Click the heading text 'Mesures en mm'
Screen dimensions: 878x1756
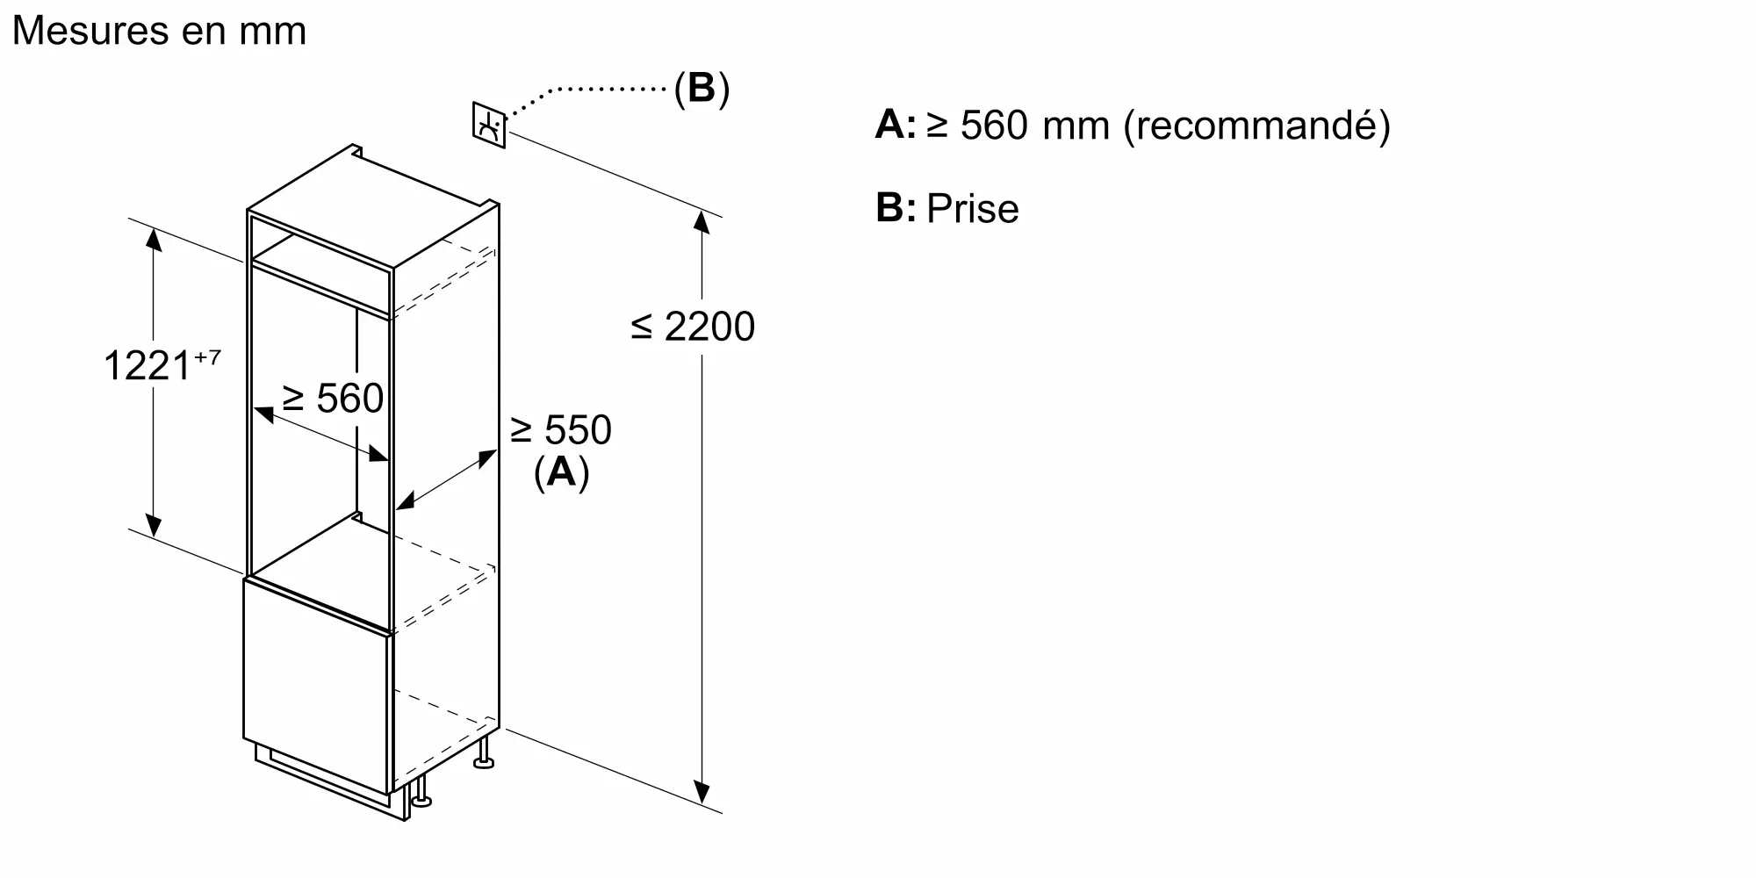(x=159, y=31)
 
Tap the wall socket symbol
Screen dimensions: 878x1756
(x=489, y=125)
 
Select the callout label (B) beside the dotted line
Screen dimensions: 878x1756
(x=702, y=89)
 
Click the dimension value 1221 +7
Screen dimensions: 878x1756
(x=162, y=364)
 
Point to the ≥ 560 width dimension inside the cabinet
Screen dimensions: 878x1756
(x=333, y=399)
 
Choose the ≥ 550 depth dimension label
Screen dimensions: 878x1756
(x=560, y=430)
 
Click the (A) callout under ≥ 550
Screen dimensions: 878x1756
(x=561, y=472)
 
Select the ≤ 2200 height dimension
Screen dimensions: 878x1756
(x=693, y=327)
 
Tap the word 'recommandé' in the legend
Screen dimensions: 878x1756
(x=1256, y=126)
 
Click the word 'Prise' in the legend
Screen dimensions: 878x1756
(x=972, y=209)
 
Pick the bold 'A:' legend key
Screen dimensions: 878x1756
(x=895, y=125)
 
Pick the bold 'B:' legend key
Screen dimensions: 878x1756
(x=895, y=208)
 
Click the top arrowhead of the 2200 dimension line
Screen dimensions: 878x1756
(x=701, y=221)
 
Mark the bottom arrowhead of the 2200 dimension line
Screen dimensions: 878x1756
(x=701, y=793)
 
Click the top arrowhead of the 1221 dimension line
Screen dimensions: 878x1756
(x=154, y=238)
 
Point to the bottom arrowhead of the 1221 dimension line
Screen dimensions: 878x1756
(x=154, y=526)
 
